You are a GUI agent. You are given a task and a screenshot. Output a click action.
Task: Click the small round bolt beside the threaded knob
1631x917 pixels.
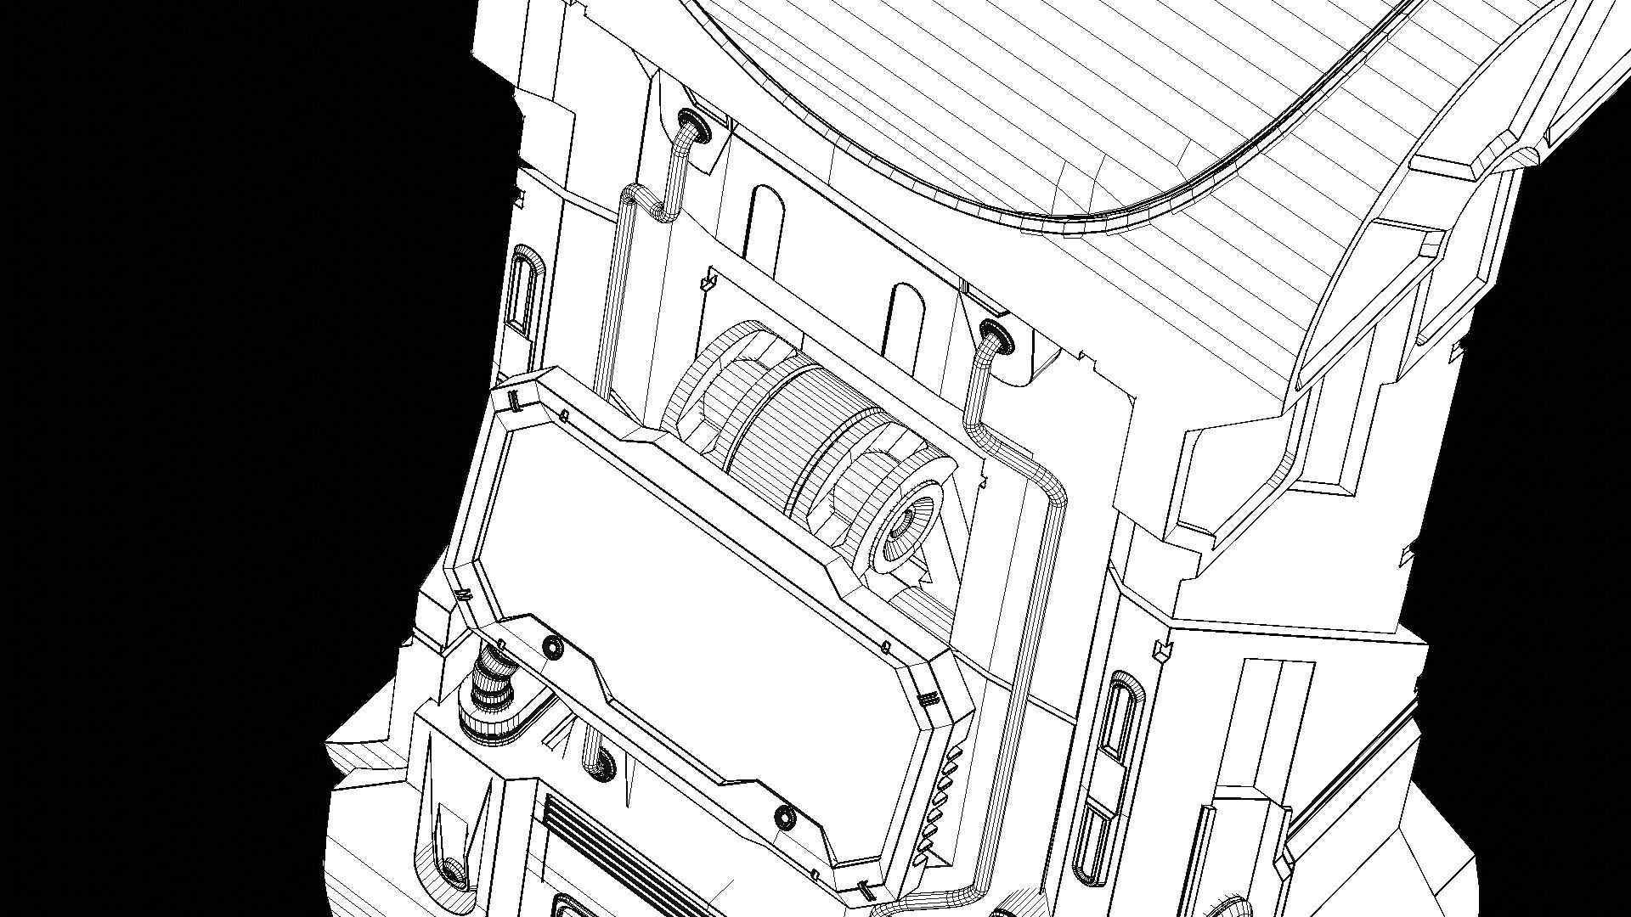point(554,648)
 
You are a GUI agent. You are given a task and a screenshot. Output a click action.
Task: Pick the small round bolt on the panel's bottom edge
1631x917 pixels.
point(786,818)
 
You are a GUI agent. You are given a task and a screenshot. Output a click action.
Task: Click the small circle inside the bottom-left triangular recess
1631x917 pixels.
point(454,869)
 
